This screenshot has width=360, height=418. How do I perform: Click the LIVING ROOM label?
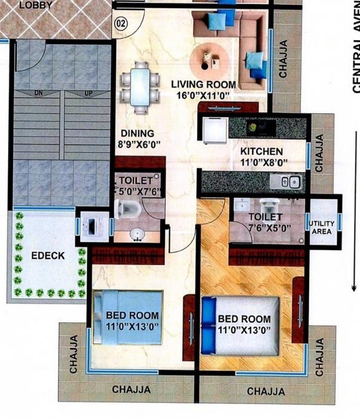(203, 84)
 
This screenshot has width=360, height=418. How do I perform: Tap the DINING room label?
(137, 133)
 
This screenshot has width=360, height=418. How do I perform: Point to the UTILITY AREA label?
(322, 228)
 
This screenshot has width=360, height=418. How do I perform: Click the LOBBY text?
(35, 5)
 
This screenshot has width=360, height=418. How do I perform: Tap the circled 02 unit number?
(121, 24)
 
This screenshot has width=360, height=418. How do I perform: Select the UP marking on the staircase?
(88, 93)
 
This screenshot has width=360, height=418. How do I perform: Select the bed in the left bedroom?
(127, 317)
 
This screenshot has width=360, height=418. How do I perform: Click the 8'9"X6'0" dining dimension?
(140, 144)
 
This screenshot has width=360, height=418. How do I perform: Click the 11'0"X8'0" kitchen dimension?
(264, 162)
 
